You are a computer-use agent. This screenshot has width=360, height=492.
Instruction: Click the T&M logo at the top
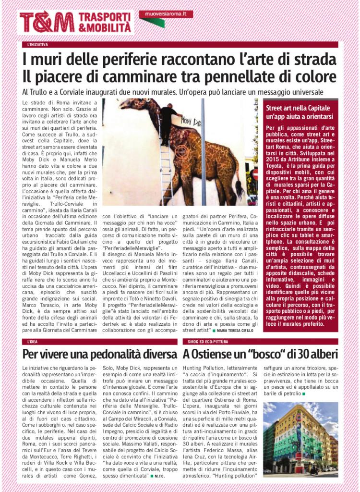pos(47,22)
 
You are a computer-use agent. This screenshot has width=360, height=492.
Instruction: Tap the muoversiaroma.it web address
pos(166,14)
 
